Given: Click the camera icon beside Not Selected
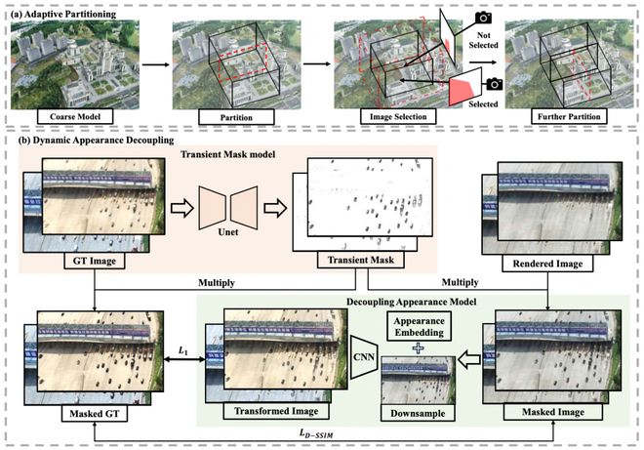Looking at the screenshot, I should click(x=481, y=19).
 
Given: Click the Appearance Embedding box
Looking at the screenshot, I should click(x=422, y=325).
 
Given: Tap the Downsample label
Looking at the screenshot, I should click(x=419, y=413).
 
